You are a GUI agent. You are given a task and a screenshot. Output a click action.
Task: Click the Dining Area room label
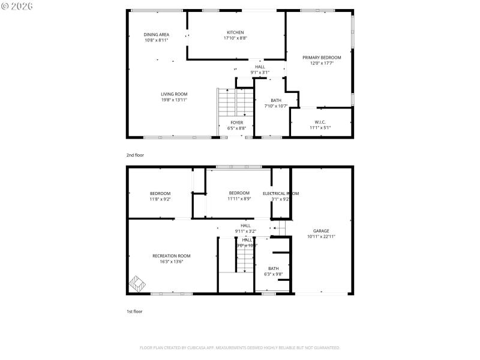pos(156,35)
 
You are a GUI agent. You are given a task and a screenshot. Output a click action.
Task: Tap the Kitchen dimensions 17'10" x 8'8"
pos(235,38)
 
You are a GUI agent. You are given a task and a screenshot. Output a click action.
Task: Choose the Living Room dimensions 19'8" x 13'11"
pos(174,100)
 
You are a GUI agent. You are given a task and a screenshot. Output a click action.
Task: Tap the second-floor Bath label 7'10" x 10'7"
pos(276,103)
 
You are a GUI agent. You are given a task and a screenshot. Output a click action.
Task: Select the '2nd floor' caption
pos(135,155)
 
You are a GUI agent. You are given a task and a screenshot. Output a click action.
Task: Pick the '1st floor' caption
pos(134,311)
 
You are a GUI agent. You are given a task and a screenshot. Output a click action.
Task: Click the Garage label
pos(321,230)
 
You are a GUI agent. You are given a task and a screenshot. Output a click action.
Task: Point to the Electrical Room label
pos(280,193)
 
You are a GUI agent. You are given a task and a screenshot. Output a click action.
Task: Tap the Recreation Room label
pos(171,256)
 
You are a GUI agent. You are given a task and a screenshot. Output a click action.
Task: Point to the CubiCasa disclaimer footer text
pos(239,347)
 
